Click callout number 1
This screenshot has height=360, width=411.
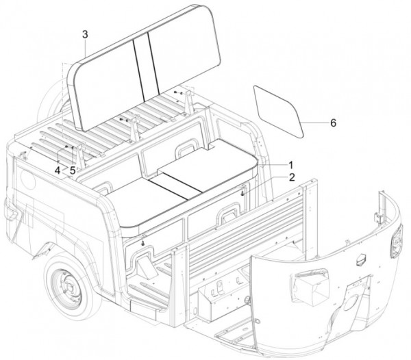pos(290,165)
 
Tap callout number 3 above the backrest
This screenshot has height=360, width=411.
pos(84,34)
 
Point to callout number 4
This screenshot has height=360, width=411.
pos(59,170)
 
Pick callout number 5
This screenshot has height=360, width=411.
pos(72,170)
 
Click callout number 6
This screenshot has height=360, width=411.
pos(333,123)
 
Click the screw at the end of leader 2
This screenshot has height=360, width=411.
pos(242,192)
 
